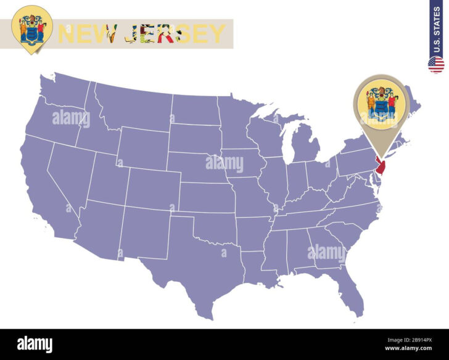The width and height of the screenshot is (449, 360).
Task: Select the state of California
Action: pos(46,185)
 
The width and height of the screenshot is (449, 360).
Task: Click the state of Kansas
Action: pos(207,198)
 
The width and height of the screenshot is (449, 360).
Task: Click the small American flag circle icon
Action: pos(436,65)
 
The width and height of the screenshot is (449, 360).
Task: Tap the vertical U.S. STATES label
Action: pos(436,28)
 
